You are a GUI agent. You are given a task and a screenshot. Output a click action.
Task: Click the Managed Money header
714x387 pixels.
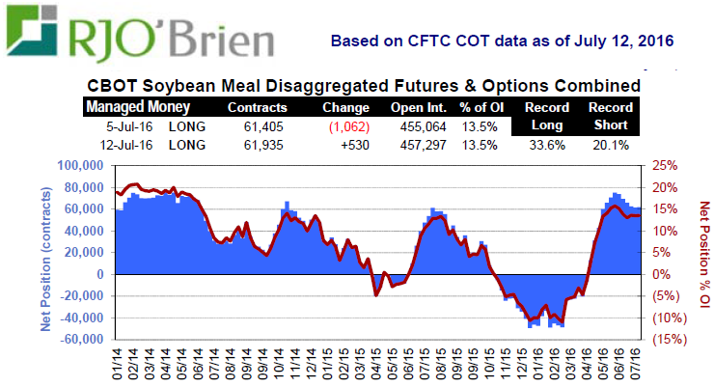(x=138, y=106)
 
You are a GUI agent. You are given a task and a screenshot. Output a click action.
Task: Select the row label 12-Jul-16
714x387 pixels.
(x=132, y=145)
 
